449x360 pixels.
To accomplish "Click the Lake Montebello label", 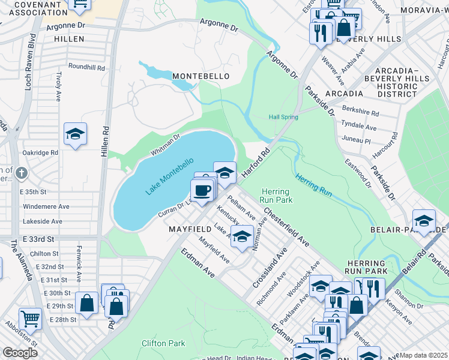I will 169,176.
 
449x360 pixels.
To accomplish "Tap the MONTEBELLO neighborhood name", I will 200,76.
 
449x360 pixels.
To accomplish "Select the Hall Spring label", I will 283,117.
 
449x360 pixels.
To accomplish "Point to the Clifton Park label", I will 163,343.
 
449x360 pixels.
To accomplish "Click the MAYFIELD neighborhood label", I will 189,229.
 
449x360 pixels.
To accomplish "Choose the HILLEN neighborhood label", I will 69,38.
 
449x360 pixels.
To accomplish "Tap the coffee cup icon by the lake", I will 202,190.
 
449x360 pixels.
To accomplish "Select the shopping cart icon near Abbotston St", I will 29,318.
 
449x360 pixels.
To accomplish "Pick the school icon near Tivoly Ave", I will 76,134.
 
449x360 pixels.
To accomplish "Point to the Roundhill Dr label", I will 86,67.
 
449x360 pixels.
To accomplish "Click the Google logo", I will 20,353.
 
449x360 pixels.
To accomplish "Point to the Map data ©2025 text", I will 423,355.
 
